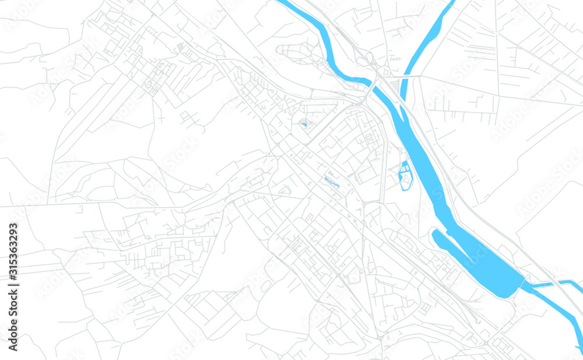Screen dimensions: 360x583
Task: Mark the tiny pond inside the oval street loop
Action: tap(304, 124)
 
